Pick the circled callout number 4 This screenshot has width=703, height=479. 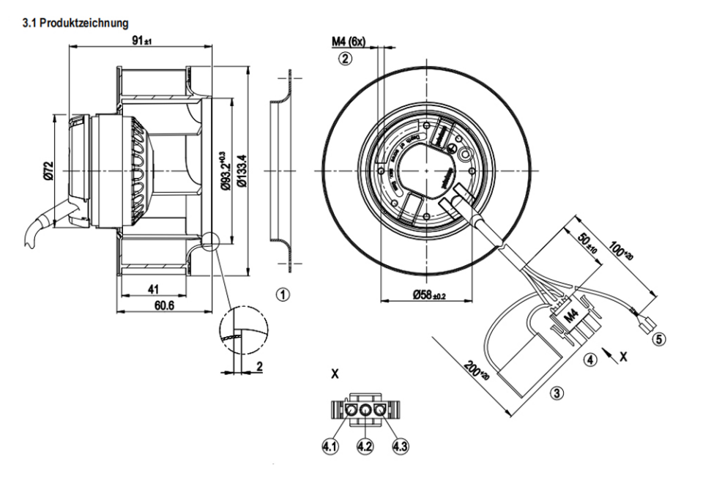[589, 360]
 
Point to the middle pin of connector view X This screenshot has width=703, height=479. [366, 412]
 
